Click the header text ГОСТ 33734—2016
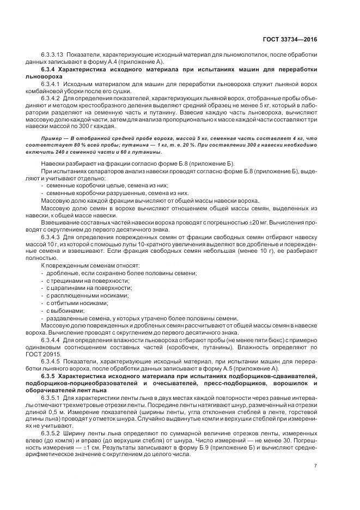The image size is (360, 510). pyautogui.click(x=290, y=40)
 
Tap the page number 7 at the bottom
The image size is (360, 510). pyautogui.click(x=316, y=466)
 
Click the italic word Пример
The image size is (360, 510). pyautogui.click(x=51, y=141)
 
